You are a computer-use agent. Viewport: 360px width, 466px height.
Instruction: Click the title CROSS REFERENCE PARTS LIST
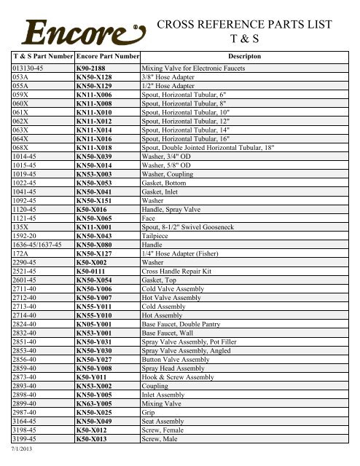(x=249, y=23)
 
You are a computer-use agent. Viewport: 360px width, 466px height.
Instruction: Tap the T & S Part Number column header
(x=42, y=55)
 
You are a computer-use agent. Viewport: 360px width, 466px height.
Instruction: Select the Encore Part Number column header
(x=108, y=55)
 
